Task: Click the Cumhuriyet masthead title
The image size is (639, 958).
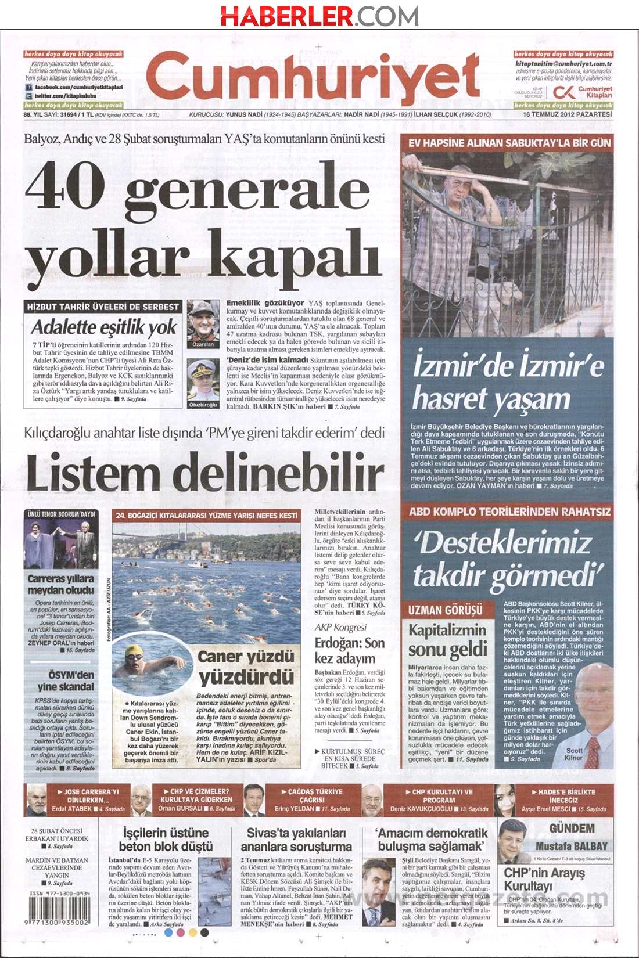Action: (x=314, y=78)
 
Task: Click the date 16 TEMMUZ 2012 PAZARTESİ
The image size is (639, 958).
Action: (x=568, y=114)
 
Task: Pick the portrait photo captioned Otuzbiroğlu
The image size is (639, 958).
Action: (x=203, y=379)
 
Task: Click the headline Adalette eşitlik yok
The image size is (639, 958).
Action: (x=103, y=327)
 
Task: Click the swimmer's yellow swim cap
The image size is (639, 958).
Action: (x=134, y=651)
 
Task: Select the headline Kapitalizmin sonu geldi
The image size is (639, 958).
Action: (x=447, y=640)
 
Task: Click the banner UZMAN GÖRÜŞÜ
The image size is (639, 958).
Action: (x=445, y=610)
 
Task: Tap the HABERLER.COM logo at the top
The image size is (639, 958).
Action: (x=319, y=16)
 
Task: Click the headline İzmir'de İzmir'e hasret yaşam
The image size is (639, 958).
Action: (x=507, y=382)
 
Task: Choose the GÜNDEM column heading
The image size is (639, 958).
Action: (x=572, y=829)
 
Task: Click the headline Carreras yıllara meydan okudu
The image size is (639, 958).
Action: (x=60, y=584)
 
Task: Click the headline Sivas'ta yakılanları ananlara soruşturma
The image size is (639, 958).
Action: (x=296, y=840)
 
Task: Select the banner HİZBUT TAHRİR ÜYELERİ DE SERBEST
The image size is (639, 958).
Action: (x=103, y=307)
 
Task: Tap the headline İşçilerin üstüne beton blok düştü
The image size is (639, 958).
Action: (x=166, y=840)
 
